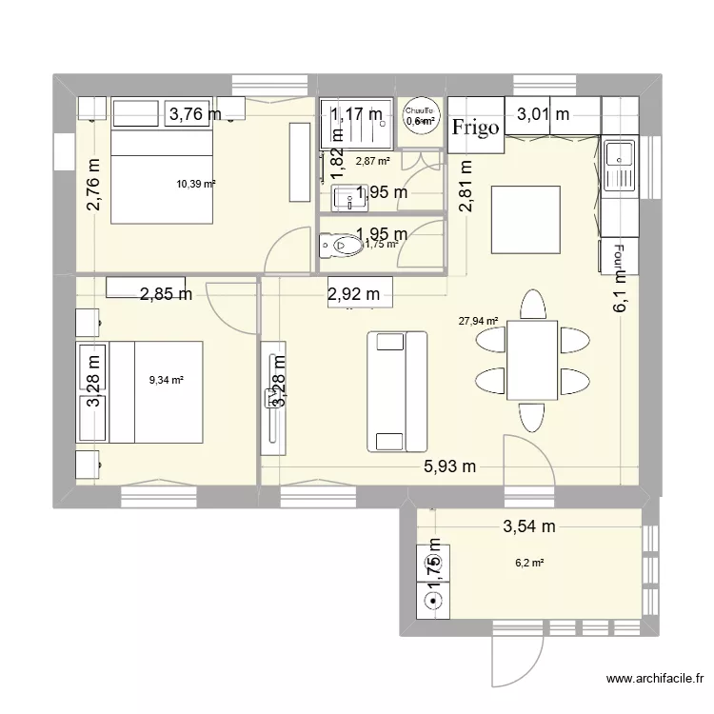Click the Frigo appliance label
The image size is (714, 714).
click(x=475, y=128)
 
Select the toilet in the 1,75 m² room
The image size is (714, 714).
click(x=339, y=246)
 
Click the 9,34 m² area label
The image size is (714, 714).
click(x=166, y=380)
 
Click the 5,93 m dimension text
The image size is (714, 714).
click(x=449, y=466)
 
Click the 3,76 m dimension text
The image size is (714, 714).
click(x=196, y=115)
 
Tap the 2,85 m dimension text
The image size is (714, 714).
click(x=166, y=294)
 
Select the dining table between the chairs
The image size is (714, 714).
click(x=532, y=360)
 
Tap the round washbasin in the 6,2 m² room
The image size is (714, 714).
click(x=434, y=601)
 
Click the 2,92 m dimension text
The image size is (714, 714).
click(x=353, y=294)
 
